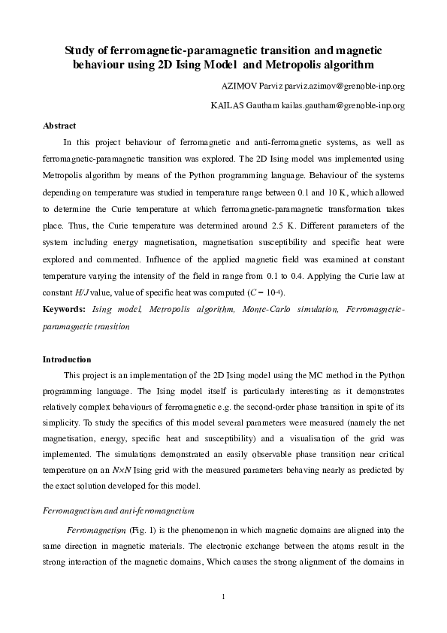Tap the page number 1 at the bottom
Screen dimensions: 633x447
224,598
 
